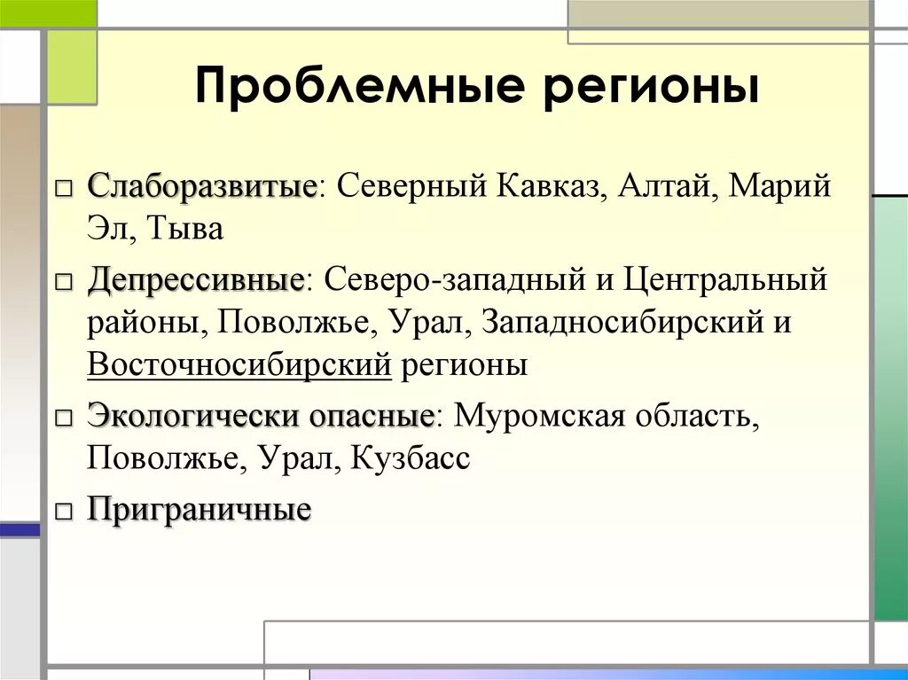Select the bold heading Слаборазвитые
[202, 187]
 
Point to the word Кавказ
[548, 187]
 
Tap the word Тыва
[185, 229]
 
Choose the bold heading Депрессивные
[196, 281]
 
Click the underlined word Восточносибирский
[239, 364]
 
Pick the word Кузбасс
[411, 457]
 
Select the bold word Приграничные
[199, 510]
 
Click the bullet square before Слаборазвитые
[63, 189]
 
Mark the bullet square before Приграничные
[63, 512]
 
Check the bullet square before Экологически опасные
[63, 418]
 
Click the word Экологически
[191, 416]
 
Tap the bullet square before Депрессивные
[63, 283]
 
